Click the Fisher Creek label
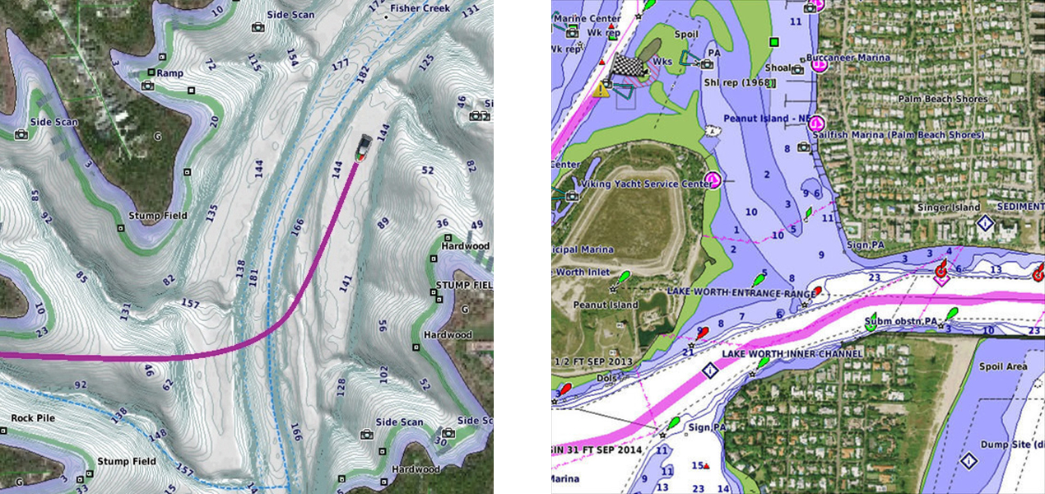[420, 8]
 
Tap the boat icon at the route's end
[363, 148]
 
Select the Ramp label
[170, 73]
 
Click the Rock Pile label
[33, 418]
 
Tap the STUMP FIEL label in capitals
[465, 286]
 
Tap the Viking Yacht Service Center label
[647, 184]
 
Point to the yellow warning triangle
[601, 89]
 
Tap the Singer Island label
[949, 207]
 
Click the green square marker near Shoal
[773, 42]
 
